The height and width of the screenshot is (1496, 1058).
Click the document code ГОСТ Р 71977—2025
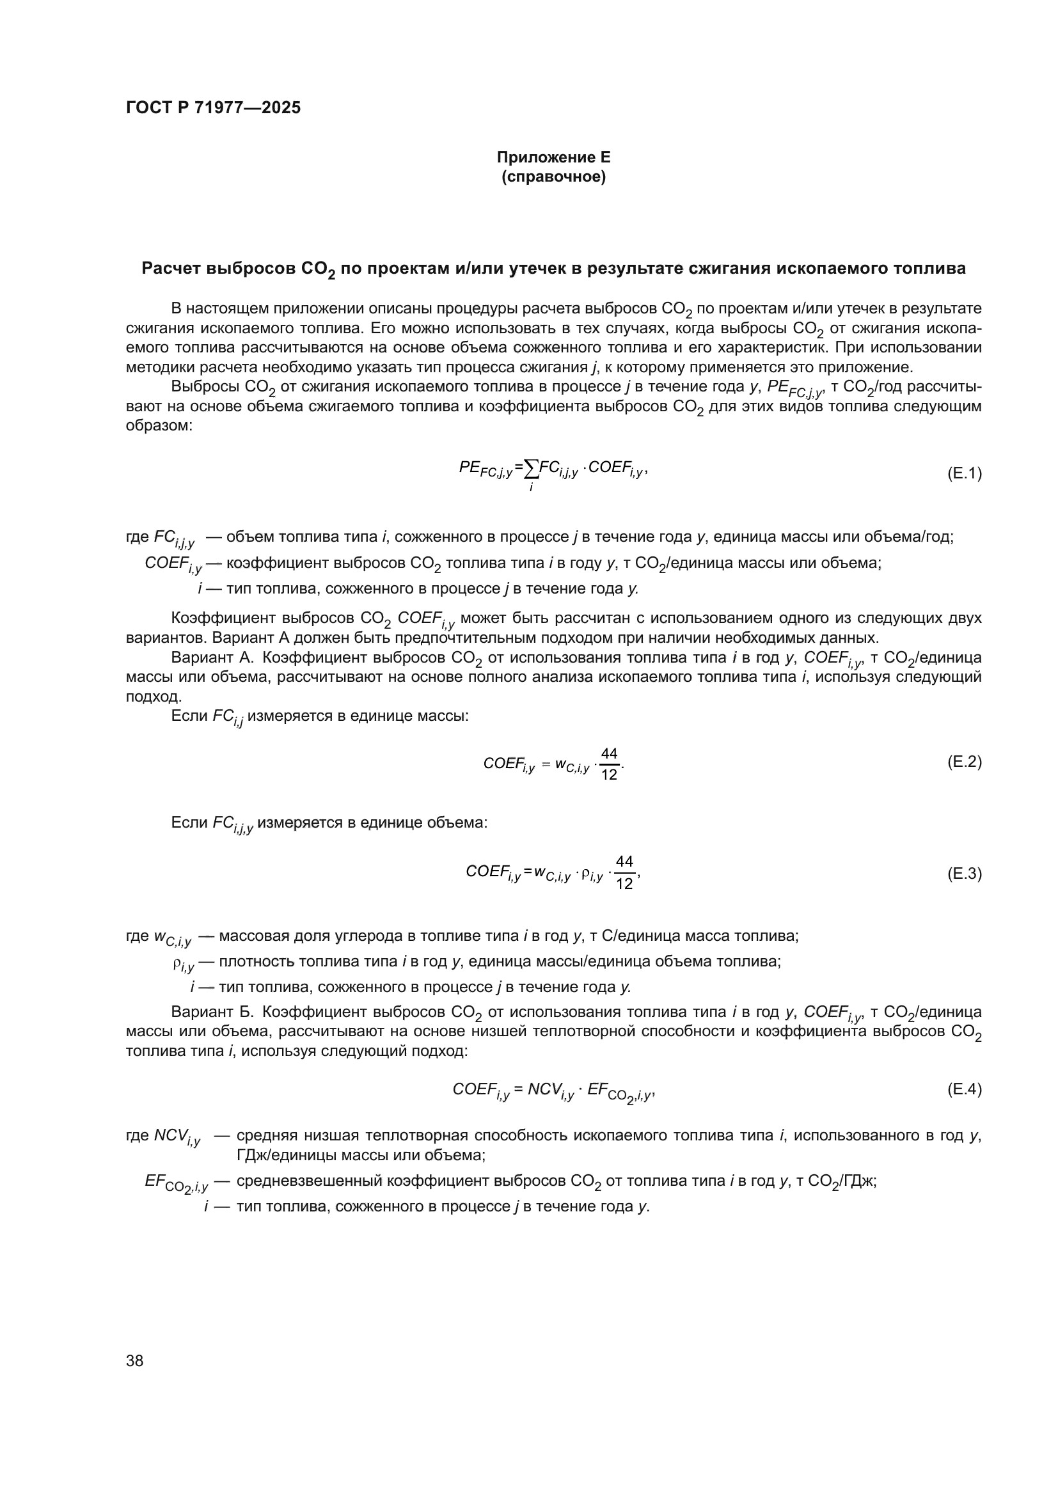pyautogui.click(x=213, y=108)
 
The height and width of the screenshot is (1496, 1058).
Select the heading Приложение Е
pyautogui.click(x=553, y=157)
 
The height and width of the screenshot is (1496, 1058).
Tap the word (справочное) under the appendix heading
pyautogui.click(x=553, y=177)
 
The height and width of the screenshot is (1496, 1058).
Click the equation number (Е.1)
pyautogui.click(x=963, y=473)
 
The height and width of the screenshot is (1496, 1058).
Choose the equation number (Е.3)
pyautogui.click(x=963, y=873)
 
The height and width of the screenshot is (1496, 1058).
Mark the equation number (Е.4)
pyautogui.click(x=963, y=1089)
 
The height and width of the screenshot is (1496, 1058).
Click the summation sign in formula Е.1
pyautogui.click(x=532, y=467)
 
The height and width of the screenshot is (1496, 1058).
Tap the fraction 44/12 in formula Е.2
pyautogui.click(x=609, y=764)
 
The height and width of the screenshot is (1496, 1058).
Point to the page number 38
pyautogui.click(x=135, y=1360)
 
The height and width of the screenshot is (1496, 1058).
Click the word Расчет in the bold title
pyautogui.click(x=171, y=269)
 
